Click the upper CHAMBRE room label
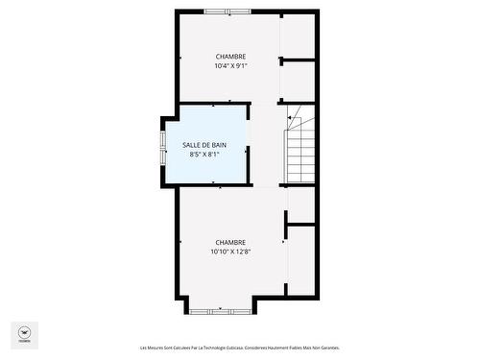230,57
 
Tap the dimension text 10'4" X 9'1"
230,66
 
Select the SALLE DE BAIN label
204,145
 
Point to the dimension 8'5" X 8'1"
204,155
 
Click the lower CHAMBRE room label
230,242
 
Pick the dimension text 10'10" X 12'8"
230,252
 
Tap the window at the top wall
228,12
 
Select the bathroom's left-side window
162,145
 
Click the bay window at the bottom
220,310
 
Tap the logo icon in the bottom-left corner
24,332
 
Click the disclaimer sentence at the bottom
239,348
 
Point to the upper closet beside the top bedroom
299,37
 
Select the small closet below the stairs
301,204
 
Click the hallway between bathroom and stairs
268,144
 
